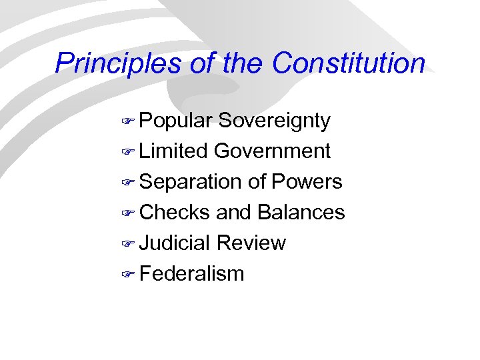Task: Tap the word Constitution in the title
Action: [348, 63]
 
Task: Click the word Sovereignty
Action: [274, 121]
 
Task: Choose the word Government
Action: [272, 151]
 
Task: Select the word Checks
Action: [175, 213]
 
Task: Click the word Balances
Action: [301, 213]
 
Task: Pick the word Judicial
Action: [175, 243]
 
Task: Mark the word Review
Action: [251, 243]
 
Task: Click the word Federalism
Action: [192, 274]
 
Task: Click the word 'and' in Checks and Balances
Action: [233, 213]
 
